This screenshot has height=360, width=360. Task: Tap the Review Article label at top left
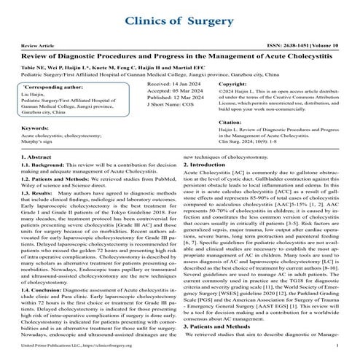(24, 44)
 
